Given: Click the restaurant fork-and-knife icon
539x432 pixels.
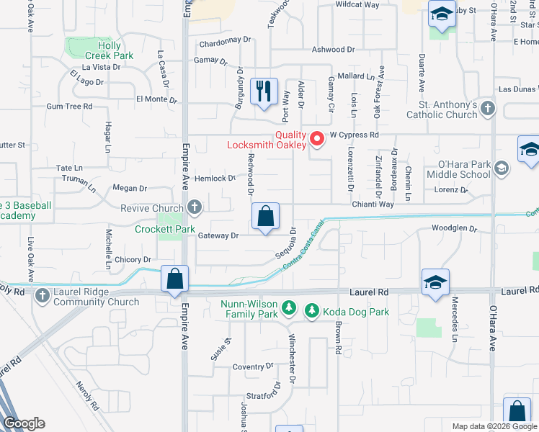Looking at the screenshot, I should point(264,91).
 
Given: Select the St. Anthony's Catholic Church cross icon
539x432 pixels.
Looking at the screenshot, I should point(489,109).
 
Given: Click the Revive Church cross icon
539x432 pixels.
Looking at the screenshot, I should point(194,208).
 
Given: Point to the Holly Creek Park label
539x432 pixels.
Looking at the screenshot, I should point(110,50).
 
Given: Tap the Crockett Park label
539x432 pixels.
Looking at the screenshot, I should point(165,230).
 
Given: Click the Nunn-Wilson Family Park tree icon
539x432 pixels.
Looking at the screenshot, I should point(288,309).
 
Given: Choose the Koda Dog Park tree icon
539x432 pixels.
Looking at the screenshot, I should point(311,310).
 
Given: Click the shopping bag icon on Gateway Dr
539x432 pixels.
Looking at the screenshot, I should point(266,215).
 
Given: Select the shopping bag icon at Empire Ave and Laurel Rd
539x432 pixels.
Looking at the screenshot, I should point(175,279).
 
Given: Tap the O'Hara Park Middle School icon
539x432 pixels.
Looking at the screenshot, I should point(502,168).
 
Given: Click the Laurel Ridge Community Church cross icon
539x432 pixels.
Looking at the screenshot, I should point(43,295).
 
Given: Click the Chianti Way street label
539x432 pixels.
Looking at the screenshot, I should point(373,204).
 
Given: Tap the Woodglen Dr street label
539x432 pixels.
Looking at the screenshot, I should point(454,229).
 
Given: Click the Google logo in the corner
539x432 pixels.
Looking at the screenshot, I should point(24,423).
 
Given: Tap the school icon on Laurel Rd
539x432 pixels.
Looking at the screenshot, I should point(436,282).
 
